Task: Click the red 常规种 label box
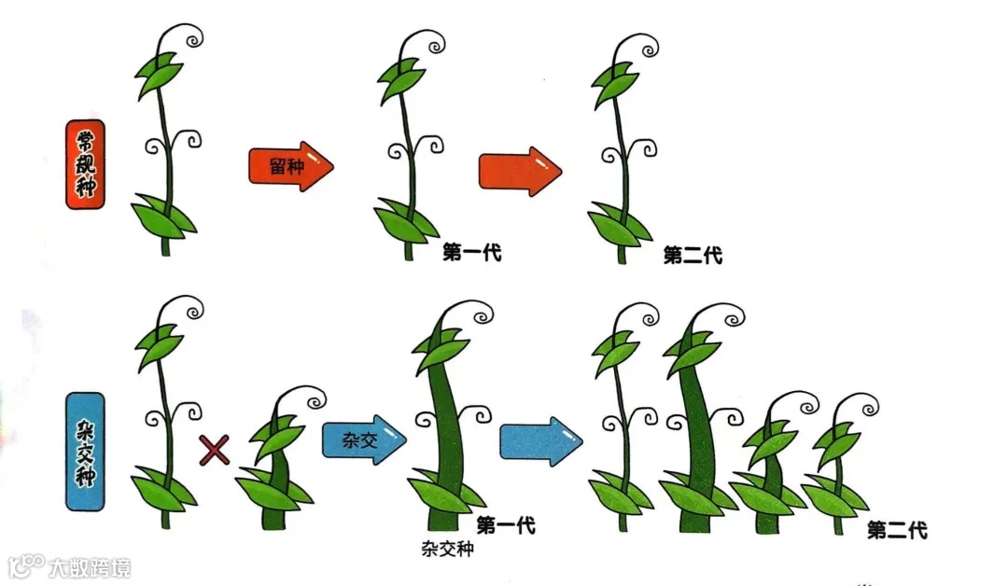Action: coord(85,164)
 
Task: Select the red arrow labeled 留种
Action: coord(290,168)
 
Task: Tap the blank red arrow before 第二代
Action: coord(520,171)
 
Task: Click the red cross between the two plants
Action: coord(215,452)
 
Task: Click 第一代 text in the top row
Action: coord(472,253)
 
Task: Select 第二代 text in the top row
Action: coord(693,255)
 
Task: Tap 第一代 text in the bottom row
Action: coord(506,525)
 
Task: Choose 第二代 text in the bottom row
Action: coord(896,530)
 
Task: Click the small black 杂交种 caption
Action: coord(442,549)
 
